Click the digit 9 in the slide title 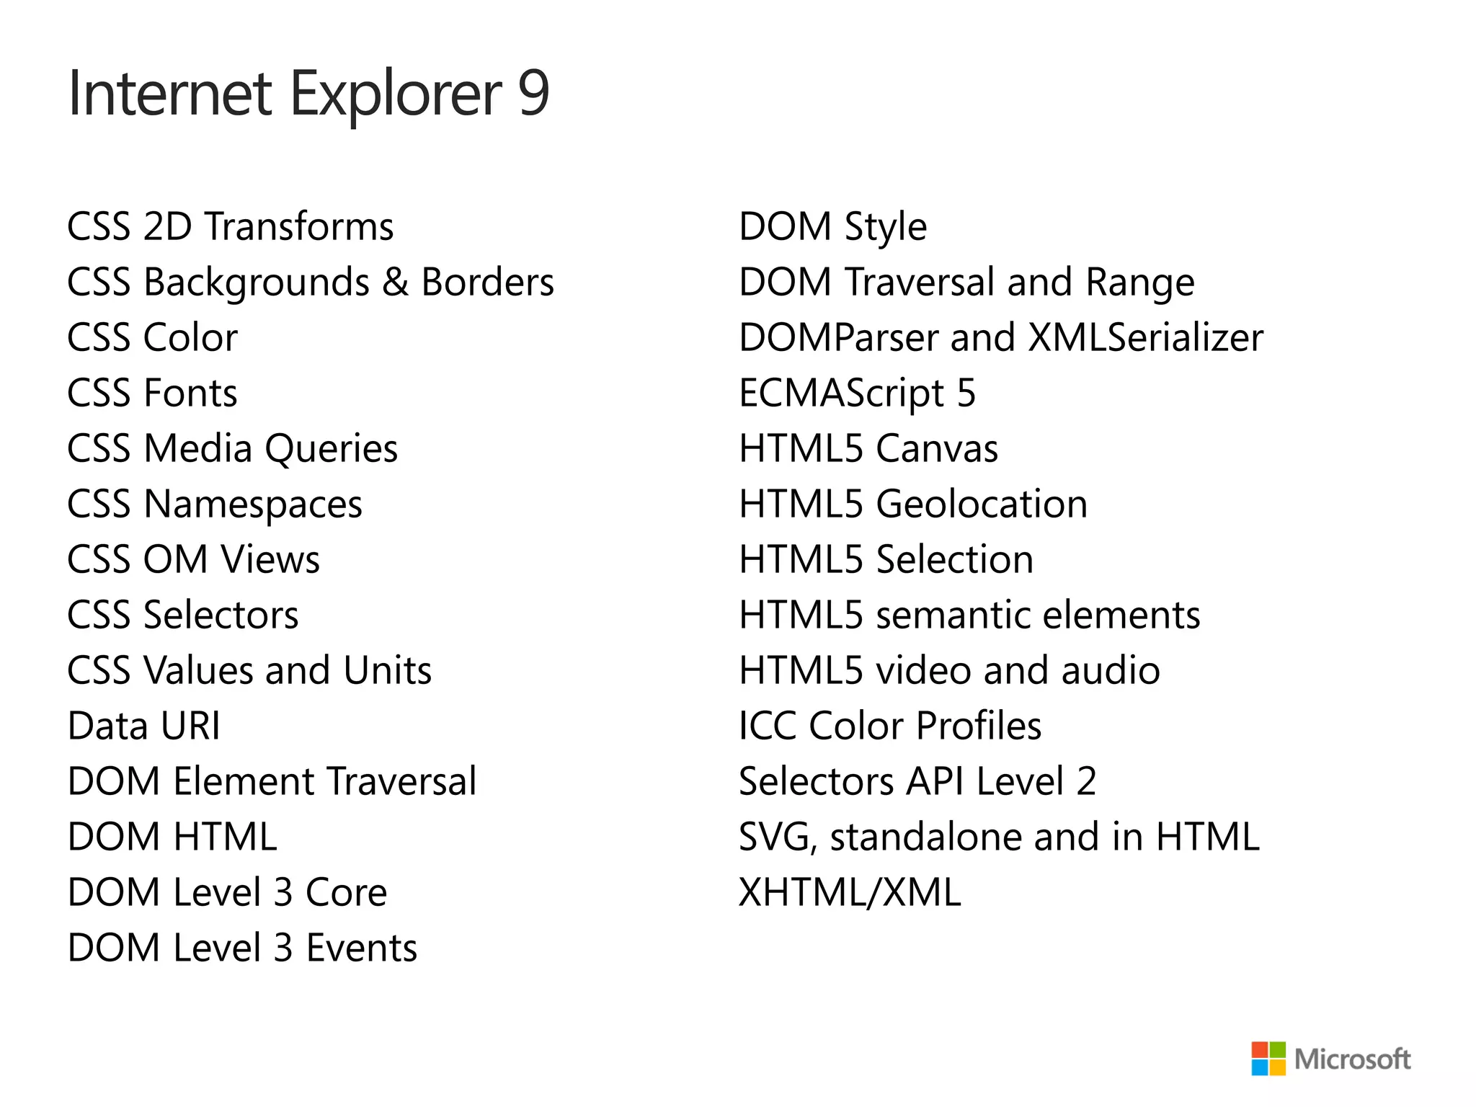[x=533, y=94]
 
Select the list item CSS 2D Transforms [x=230, y=227]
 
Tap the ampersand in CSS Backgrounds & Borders [x=395, y=282]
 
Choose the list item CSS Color [x=152, y=338]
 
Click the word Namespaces [x=253, y=504]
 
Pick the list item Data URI [x=143, y=726]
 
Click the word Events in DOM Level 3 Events [x=362, y=948]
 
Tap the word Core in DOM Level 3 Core [x=346, y=892]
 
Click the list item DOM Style [x=832, y=227]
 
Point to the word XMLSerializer [x=1145, y=338]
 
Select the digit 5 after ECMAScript [x=966, y=394]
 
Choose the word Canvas [x=937, y=449]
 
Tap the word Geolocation [x=982, y=504]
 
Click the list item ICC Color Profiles [x=889, y=726]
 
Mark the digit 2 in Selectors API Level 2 [x=1086, y=781]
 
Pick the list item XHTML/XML [x=850, y=892]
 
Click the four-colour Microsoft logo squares [x=1268, y=1059]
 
